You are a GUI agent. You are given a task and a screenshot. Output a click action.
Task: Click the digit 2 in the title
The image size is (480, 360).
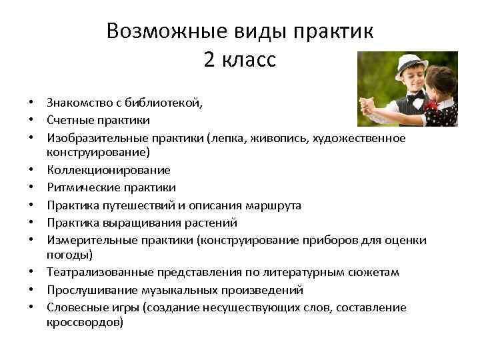tap(209, 60)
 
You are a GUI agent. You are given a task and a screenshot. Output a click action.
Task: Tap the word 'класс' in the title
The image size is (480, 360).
tap(249, 60)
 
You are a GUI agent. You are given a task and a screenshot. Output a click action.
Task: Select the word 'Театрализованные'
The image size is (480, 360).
tap(100, 273)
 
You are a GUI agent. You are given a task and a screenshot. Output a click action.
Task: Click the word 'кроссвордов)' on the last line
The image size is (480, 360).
tap(85, 323)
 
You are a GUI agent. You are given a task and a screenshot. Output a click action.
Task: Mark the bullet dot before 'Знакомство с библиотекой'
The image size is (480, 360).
tap(31, 103)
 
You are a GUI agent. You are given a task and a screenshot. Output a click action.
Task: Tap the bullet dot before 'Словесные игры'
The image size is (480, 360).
tap(31, 307)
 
